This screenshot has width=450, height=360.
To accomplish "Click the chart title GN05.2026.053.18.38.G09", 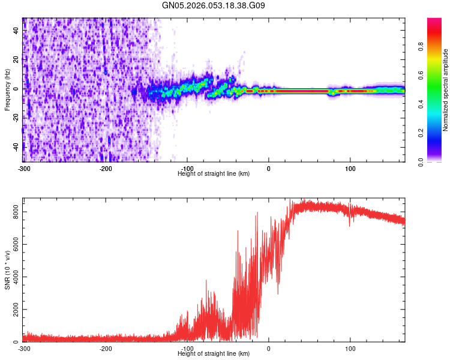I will [x=214, y=5].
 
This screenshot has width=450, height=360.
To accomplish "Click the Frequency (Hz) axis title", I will [x=8, y=90].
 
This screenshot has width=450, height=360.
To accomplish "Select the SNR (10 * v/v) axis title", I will [x=8, y=270].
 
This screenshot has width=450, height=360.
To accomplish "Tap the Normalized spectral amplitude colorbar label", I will [x=445, y=90].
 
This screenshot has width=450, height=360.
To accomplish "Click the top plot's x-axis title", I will [x=214, y=173].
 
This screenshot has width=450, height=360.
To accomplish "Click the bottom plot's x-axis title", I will [x=214, y=353].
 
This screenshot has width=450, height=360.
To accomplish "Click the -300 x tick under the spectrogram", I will [x=23, y=167].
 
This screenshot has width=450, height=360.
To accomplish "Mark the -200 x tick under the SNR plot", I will [x=106, y=348].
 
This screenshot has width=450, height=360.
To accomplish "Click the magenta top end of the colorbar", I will [x=434, y=21].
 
